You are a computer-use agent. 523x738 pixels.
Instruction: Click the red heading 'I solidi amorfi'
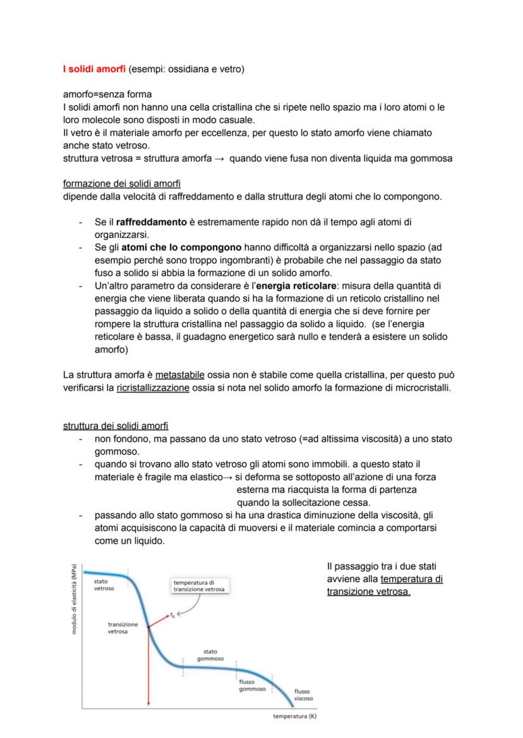tap(90, 68)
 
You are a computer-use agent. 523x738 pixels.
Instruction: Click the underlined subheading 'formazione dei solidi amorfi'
tap(121, 184)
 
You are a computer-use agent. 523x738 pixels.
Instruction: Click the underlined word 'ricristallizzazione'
tap(153, 388)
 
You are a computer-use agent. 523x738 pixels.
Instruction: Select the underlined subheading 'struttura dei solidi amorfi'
tap(116, 426)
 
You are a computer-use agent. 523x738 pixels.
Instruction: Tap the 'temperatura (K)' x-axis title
tap(294, 717)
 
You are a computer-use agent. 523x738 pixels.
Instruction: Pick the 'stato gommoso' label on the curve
tap(210, 655)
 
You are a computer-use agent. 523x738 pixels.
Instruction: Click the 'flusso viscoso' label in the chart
tap(303, 695)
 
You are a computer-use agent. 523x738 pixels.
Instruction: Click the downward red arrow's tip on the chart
tap(148, 705)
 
